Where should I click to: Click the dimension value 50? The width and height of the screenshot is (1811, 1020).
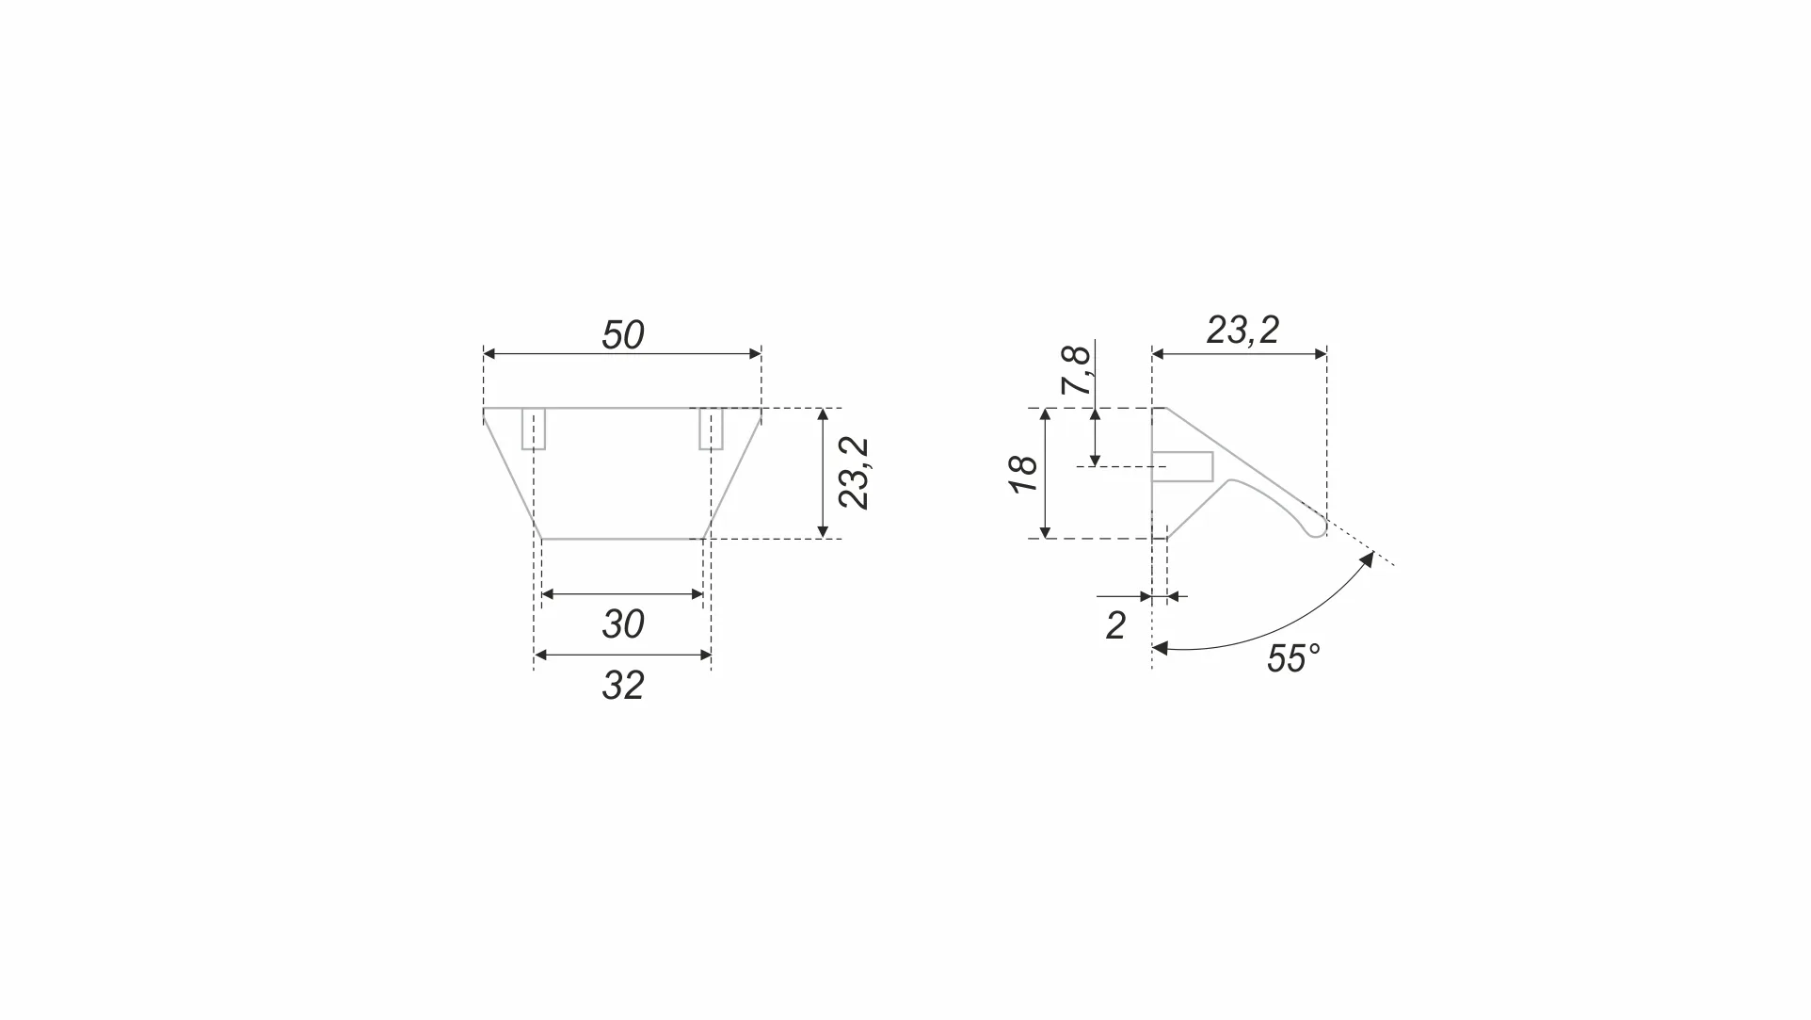pyautogui.click(x=622, y=335)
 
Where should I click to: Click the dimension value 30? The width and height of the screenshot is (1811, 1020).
pyautogui.click(x=622, y=624)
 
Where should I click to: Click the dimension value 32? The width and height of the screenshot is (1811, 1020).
pyautogui.click(x=622, y=686)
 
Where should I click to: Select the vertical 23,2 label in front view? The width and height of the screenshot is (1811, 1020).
pyautogui.click(x=855, y=474)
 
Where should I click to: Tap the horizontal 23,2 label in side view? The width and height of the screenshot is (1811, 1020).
pyautogui.click(x=1242, y=331)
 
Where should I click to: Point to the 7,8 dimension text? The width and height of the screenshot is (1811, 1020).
pyautogui.click(x=1076, y=370)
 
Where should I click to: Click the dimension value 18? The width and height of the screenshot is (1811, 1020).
pyautogui.click(x=1023, y=474)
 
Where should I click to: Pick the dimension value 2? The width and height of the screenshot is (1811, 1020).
pyautogui.click(x=1115, y=626)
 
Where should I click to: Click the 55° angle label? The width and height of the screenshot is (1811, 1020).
pyautogui.click(x=1293, y=659)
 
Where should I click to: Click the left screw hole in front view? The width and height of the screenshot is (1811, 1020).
pyautogui.click(x=534, y=429)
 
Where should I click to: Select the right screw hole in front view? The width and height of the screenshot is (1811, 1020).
pyautogui.click(x=711, y=429)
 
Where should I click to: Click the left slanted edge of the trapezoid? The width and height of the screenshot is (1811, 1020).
pyautogui.click(x=511, y=474)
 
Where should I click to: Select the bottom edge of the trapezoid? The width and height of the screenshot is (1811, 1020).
pyautogui.click(x=622, y=539)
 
